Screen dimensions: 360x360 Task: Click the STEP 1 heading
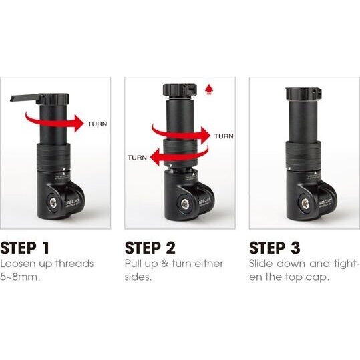25,248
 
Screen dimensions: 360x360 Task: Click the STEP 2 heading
150,248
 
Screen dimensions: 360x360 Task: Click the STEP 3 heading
275,248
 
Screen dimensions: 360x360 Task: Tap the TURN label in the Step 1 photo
98,124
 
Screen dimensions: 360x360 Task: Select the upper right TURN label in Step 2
224,136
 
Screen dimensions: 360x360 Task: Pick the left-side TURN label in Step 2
137,158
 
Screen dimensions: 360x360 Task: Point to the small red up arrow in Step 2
209,89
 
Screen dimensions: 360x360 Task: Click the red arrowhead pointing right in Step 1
78,123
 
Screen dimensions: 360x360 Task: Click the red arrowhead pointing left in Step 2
154,157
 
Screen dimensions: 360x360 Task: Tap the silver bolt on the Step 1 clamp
53,203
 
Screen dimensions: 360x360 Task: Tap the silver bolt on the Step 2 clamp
185,204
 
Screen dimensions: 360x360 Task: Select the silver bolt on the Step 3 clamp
305,204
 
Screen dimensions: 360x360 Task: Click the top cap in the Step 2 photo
180,90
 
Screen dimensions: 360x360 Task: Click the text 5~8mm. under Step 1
20,277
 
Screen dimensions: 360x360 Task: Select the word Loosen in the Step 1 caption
18,264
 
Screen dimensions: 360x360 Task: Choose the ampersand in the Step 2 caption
164,264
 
